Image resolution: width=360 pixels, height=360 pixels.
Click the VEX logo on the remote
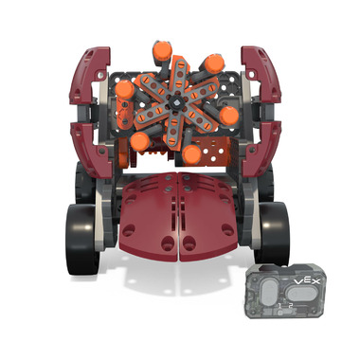pos(307,280)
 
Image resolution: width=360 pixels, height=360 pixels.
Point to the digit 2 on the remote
pos(291,305)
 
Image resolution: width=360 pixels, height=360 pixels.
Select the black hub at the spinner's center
pos(175,102)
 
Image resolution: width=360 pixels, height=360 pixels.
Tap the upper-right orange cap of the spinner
pos(214,63)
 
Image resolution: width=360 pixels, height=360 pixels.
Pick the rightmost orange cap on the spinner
pos(229,116)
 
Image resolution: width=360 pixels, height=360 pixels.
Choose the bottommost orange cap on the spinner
pos(192,154)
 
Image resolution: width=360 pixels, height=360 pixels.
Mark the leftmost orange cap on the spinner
pos(125,90)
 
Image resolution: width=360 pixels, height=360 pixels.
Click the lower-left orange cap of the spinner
pos(140,141)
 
